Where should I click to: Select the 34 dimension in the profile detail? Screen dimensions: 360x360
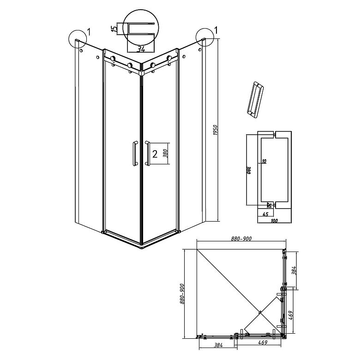point(141,48)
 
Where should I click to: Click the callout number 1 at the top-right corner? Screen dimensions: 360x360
point(216,30)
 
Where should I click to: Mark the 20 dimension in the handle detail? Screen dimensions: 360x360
point(269,205)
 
